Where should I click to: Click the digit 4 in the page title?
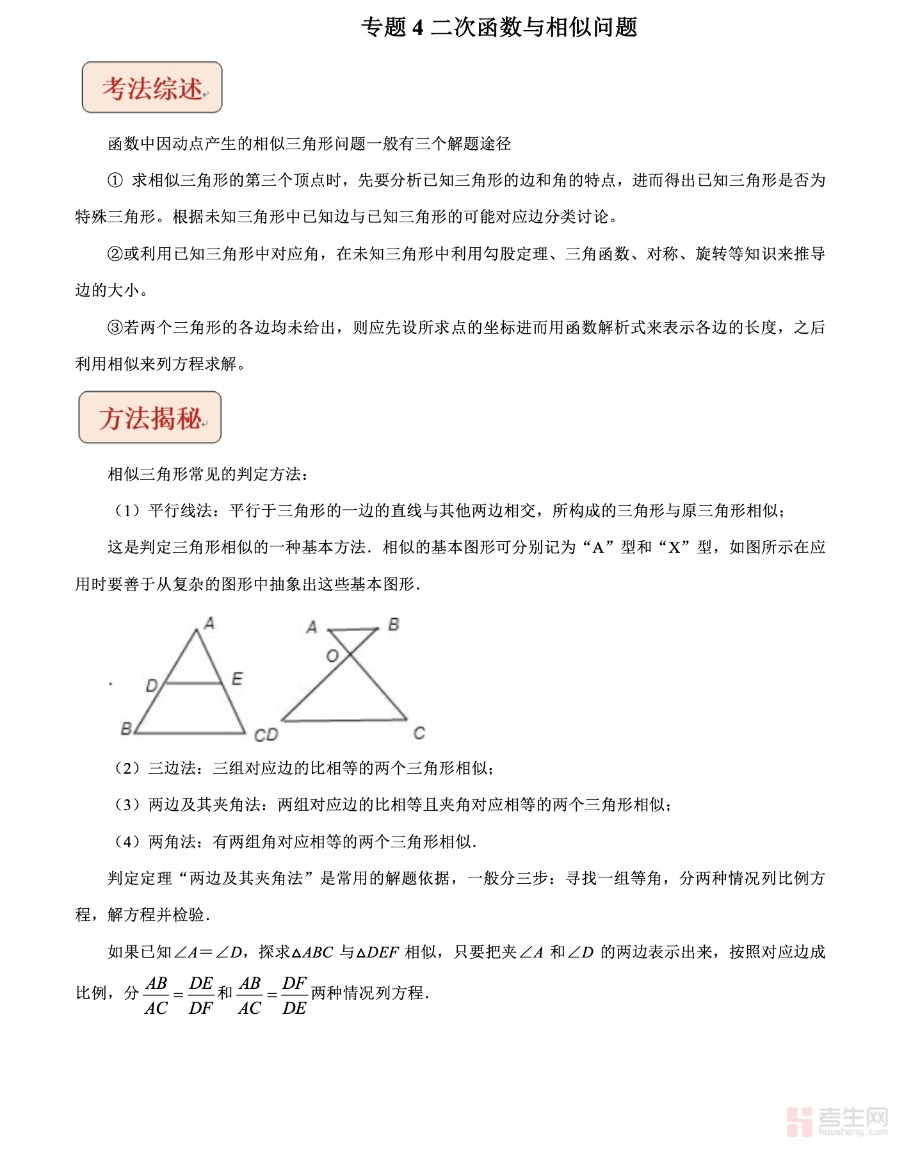418,28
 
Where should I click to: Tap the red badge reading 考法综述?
152,88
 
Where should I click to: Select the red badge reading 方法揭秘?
150,418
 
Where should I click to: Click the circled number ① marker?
115,181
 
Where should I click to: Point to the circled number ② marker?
115,254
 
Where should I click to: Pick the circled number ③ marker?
115,328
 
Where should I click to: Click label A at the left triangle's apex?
209,623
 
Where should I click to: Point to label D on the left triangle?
151,686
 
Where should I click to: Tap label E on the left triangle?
237,679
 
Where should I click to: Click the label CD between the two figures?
266,735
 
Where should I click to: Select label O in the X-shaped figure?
332,656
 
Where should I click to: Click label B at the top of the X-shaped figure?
394,624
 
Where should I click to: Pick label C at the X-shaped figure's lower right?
419,733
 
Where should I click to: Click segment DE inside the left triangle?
194,683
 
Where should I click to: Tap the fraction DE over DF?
201,995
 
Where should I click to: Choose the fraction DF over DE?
295,995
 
